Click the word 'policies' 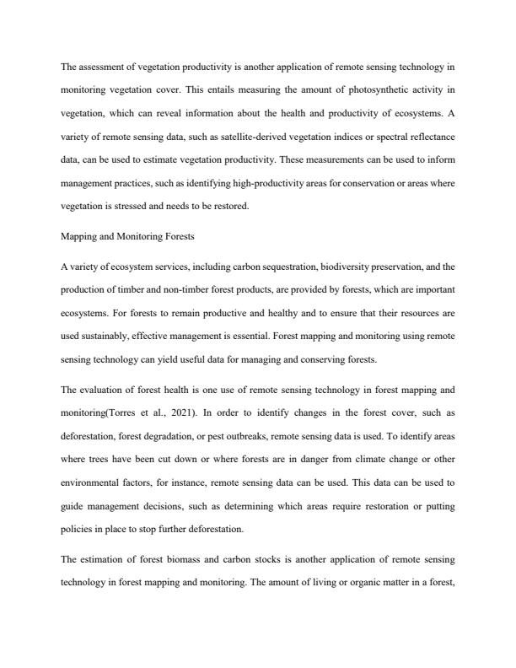76,528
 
